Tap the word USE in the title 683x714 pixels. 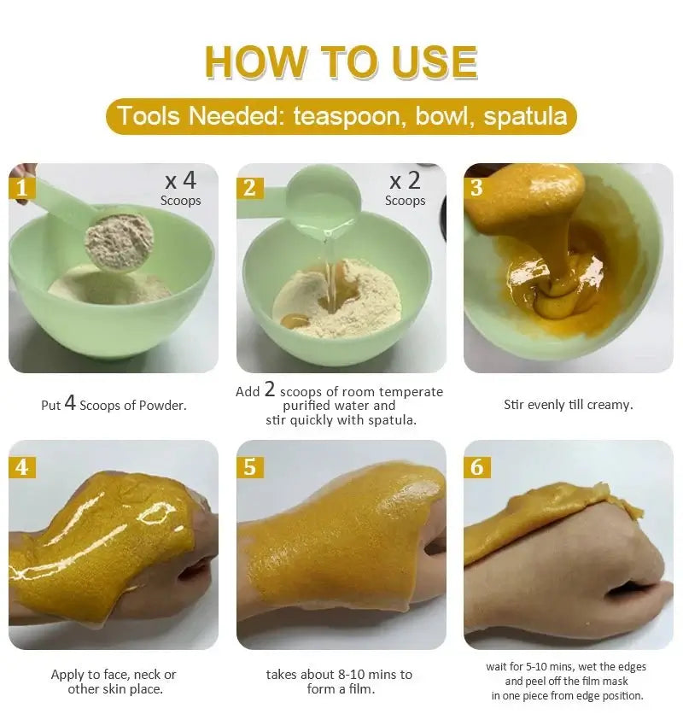coord(434,62)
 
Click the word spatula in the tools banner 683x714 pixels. coord(525,116)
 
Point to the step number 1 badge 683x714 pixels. coord(22,188)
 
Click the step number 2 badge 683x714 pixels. coord(249,188)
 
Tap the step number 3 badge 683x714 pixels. coord(476,188)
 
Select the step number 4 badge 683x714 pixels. coord(22,467)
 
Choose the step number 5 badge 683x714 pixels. coord(249,467)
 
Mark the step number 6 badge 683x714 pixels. coord(476,467)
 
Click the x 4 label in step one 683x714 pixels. coord(181,181)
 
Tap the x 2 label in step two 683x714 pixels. coord(406,181)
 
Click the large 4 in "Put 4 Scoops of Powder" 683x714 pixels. coord(70,402)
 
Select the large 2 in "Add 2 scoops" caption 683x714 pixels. coord(270,389)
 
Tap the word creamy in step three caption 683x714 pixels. coord(610,405)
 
